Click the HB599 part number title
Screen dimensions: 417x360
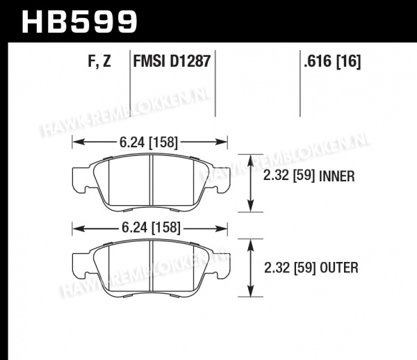(x=79, y=22)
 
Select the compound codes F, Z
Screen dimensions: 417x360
(x=99, y=61)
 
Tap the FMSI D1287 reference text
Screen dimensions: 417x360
(x=172, y=61)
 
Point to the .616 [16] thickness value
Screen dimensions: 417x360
(x=332, y=61)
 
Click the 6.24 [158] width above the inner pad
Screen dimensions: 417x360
(x=149, y=142)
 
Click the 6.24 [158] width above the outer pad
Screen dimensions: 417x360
(x=151, y=228)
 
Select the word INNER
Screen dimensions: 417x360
(x=336, y=176)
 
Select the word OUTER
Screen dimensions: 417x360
(x=339, y=268)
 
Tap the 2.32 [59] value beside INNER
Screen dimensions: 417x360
(x=289, y=176)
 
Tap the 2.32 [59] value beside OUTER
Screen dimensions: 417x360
(x=290, y=268)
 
